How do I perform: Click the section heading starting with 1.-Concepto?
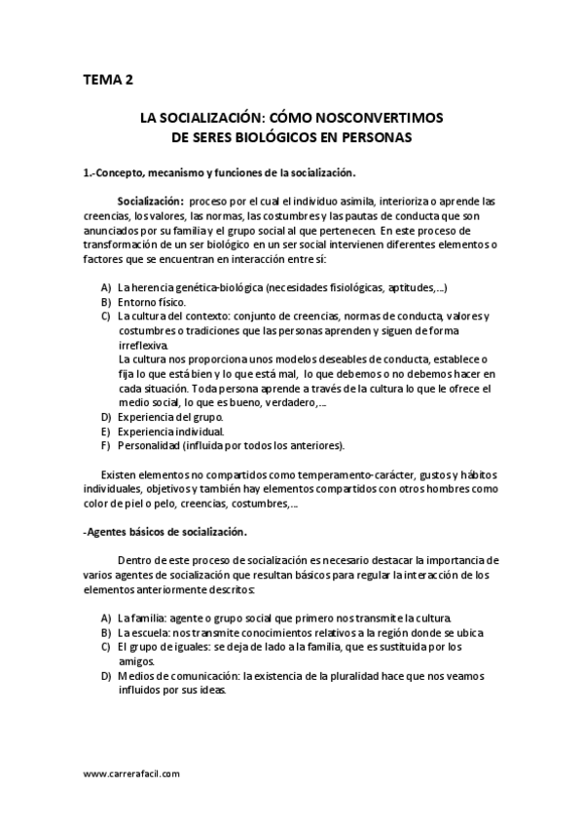point(220,173)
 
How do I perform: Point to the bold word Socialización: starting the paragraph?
point(151,201)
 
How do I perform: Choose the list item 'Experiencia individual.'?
point(170,432)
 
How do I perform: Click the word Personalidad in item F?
point(148,446)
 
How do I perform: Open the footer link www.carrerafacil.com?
point(131,773)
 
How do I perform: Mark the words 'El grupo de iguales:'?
point(164,647)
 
